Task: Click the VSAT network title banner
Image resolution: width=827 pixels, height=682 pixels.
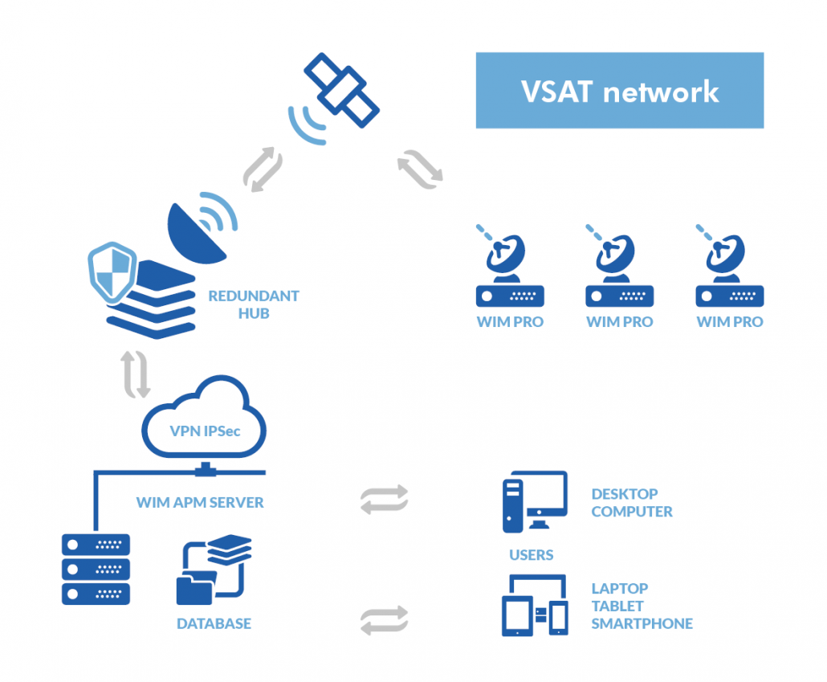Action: [x=619, y=91]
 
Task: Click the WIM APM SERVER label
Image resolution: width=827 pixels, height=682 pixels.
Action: [x=200, y=503]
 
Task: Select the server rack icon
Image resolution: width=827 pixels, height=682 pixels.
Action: [x=96, y=569]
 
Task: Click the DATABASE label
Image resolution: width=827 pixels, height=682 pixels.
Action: [x=214, y=623]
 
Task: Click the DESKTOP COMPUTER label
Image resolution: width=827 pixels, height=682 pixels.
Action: [x=631, y=503]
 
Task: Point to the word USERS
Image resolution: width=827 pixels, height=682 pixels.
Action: [x=531, y=555]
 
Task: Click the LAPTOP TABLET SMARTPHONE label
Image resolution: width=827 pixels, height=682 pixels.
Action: [x=641, y=606]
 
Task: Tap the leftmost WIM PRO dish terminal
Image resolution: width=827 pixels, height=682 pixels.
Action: [x=509, y=274]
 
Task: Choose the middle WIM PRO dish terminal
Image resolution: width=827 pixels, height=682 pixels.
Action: [x=619, y=274]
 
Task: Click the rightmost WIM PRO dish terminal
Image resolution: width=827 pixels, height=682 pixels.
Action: [x=729, y=274]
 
